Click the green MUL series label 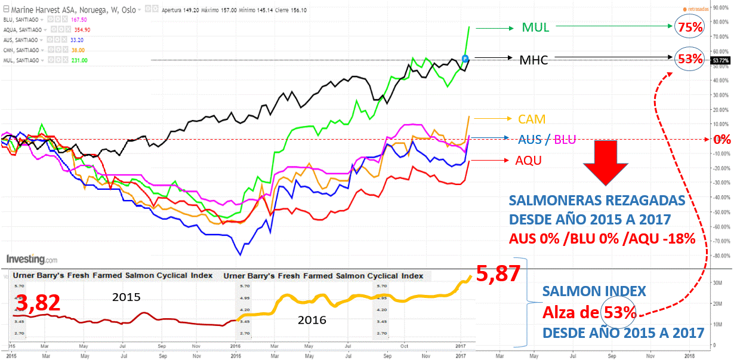coord(535,27)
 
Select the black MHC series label coord(534,59)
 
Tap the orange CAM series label coord(532,119)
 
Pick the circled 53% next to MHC coord(689,59)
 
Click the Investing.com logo coord(32,260)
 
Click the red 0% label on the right coord(723,140)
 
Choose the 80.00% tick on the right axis coord(721,22)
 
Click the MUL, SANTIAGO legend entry coord(23,60)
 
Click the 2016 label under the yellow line coord(312,320)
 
